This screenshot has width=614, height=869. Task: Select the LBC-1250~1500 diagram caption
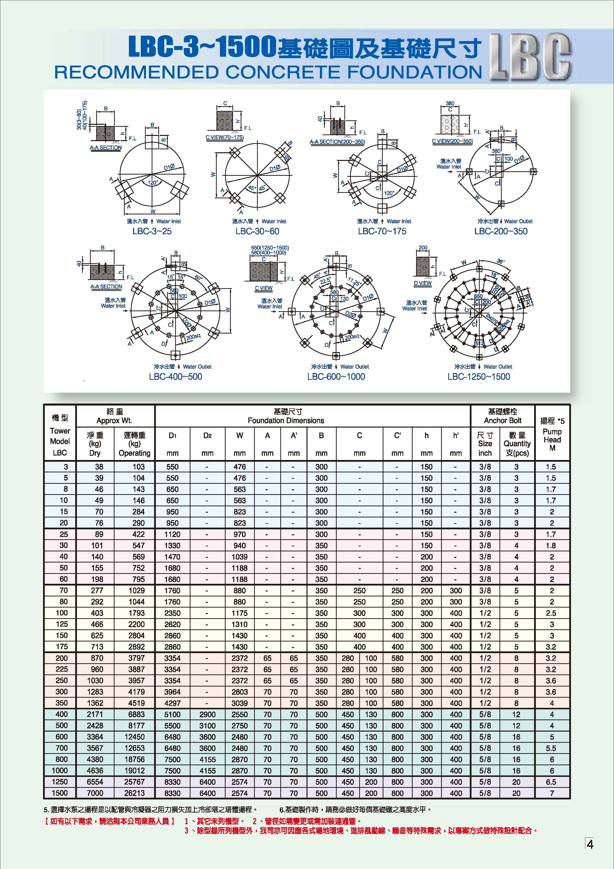[479, 377]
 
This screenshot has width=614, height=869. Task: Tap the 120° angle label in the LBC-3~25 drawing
[153, 183]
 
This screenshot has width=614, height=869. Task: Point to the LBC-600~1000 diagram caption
[336, 377]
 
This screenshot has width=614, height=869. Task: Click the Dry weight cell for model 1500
[95, 793]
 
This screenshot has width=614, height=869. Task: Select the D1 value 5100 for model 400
[172, 715]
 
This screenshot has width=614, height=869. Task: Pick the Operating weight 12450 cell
[134, 737]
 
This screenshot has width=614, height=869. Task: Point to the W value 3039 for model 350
[240, 703]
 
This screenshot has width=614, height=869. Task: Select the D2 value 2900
[207, 715]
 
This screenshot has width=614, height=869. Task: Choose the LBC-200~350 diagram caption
[501, 231]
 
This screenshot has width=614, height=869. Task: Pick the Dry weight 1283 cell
[95, 692]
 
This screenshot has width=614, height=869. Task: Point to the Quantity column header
[517, 444]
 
